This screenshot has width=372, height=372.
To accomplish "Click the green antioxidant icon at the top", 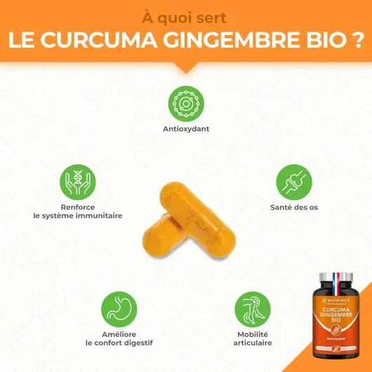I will coord(186,103).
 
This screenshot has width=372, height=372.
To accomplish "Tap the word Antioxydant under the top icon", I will coord(186,129).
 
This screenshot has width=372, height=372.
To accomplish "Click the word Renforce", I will coord(77,208).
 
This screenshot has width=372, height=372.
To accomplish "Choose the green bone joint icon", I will coord(294,182).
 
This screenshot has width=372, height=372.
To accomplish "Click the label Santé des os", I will coord(294,208).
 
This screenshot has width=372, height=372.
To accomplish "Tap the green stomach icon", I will coord(119,307).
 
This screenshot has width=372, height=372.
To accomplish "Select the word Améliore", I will coord(119,334).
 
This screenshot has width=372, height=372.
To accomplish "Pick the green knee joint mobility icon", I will coord(252,307).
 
